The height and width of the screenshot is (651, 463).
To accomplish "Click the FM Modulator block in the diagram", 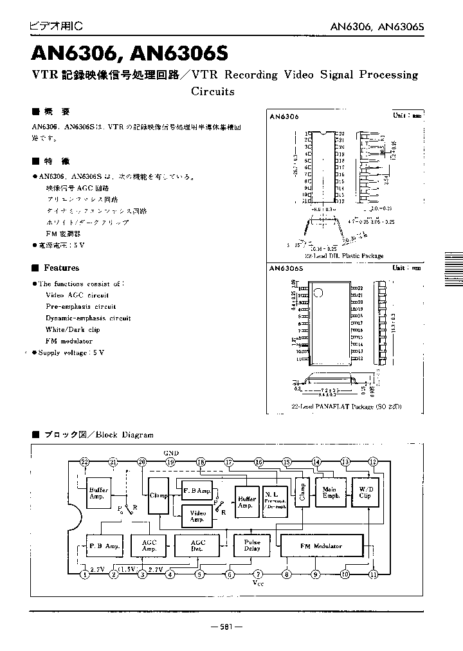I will coord(321,546).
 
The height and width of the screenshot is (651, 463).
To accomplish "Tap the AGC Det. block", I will coord(198,546).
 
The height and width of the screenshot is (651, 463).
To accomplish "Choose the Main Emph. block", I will coord(330,492).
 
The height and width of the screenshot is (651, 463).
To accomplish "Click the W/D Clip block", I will coord(365,492).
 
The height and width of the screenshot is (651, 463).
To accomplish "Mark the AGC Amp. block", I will coord(149,546).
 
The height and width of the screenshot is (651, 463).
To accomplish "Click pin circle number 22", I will coord(84,462).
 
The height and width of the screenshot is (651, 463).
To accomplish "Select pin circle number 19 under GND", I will coord(170,462).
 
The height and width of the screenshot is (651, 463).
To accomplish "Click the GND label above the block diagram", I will coord(172,453).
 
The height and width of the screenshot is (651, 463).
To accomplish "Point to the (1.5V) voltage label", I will coord(127,570).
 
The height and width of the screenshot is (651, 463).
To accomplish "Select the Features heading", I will coord(61,268).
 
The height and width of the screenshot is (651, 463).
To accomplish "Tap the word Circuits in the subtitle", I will coord(213,91).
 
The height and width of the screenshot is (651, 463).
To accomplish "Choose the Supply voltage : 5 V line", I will coord(71,353).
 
